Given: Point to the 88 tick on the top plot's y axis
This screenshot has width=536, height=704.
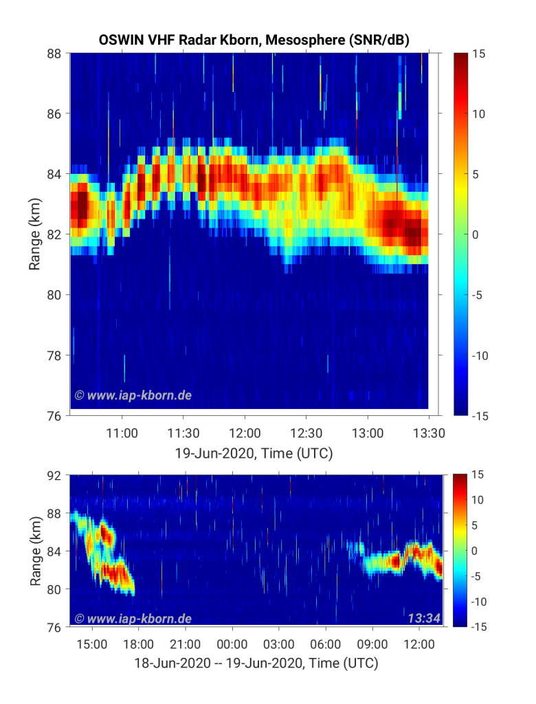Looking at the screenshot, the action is (54, 54).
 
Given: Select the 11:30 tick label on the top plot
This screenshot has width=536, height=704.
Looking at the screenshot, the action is (183, 433).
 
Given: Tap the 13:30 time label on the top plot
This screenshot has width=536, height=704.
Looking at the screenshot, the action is (429, 433).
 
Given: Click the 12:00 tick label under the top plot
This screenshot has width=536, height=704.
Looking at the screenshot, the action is (245, 433).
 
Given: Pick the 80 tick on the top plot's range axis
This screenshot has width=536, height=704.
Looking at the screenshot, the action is (54, 295).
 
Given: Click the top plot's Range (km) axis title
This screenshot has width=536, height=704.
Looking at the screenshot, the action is (34, 234).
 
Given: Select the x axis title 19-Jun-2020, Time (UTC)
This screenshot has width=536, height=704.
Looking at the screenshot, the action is (254, 453).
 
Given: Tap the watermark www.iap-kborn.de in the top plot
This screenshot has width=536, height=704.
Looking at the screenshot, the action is (133, 395).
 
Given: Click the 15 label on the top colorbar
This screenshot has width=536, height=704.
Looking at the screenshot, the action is (478, 54).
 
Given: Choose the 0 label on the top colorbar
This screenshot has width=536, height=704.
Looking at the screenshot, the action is (476, 235).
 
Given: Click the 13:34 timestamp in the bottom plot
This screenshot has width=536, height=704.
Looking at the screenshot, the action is (424, 618).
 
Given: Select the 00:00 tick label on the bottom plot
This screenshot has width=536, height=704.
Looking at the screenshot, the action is (232, 644).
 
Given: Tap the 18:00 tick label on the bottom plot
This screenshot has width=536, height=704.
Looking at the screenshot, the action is (138, 644).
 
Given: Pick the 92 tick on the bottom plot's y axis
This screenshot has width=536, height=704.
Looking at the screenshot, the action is (54, 475).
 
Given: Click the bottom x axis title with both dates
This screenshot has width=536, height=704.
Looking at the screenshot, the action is (256, 663).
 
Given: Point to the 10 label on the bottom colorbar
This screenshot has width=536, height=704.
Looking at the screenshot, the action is (477, 500).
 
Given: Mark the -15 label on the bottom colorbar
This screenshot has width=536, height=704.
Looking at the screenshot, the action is (478, 627).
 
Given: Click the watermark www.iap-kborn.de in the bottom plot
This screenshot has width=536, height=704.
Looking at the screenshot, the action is (133, 619).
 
